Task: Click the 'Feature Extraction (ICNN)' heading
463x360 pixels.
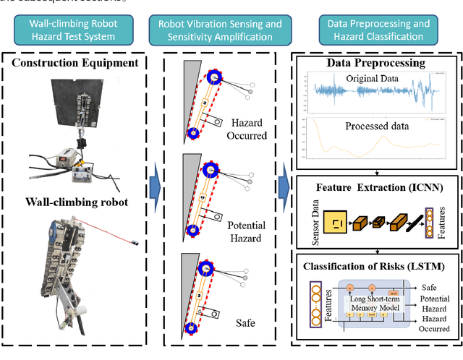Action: pyautogui.click(x=375, y=187)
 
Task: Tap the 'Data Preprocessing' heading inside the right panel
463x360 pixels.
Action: pyautogui.click(x=375, y=63)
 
